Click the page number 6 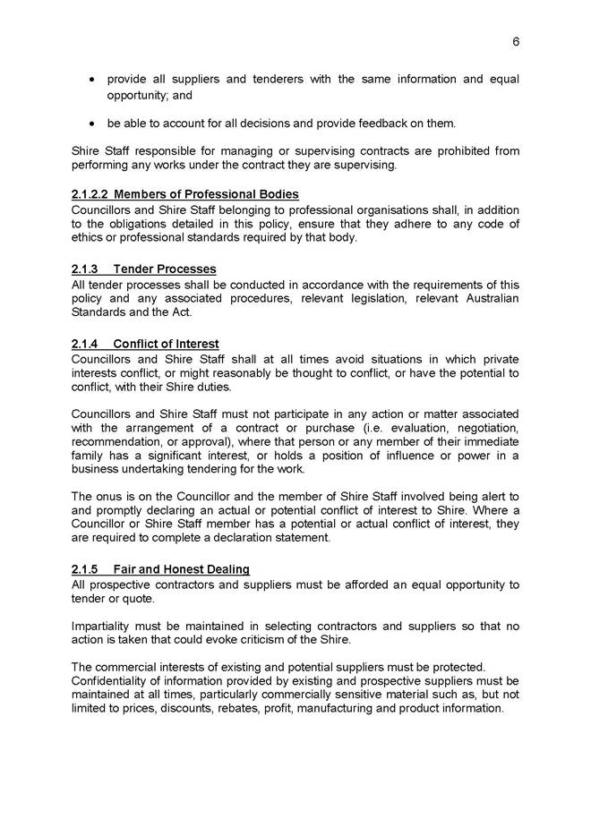click(x=517, y=41)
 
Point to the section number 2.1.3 click(x=85, y=269)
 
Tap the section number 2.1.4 click(x=85, y=344)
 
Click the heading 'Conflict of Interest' click(x=167, y=344)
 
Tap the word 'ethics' click(x=90, y=238)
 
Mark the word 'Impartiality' click(x=100, y=627)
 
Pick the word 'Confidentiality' click(x=113, y=681)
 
